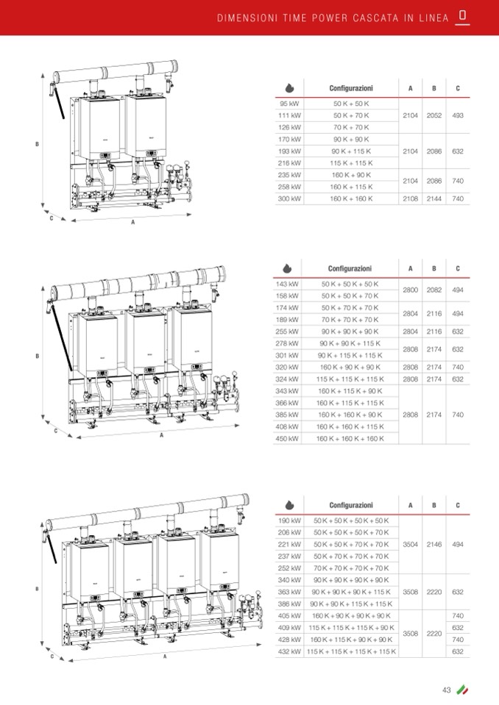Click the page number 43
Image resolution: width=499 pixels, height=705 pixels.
(446, 690)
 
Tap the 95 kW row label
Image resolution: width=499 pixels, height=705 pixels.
(289, 104)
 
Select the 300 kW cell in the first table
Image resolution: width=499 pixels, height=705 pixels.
(289, 198)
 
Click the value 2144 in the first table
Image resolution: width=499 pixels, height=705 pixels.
(434, 198)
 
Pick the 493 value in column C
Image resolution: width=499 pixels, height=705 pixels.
(458, 115)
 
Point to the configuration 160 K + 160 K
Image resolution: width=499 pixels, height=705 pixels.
(351, 198)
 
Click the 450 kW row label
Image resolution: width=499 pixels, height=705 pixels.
(287, 438)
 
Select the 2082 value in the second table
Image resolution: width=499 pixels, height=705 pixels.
(434, 290)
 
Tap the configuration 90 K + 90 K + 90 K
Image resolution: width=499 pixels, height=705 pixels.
(350, 332)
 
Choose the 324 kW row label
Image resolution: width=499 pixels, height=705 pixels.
(287, 379)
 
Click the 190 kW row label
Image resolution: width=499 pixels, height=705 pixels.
(289, 520)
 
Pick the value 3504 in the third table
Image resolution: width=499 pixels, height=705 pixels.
(411, 544)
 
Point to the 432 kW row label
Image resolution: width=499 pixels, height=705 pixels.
(289, 651)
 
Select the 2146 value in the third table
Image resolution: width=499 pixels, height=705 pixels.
(434, 544)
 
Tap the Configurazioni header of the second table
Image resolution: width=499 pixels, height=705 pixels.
(350, 268)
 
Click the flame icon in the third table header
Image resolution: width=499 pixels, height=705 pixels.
(289, 505)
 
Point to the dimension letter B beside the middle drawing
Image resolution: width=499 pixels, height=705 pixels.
(37, 357)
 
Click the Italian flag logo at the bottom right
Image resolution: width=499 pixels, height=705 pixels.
(462, 690)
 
